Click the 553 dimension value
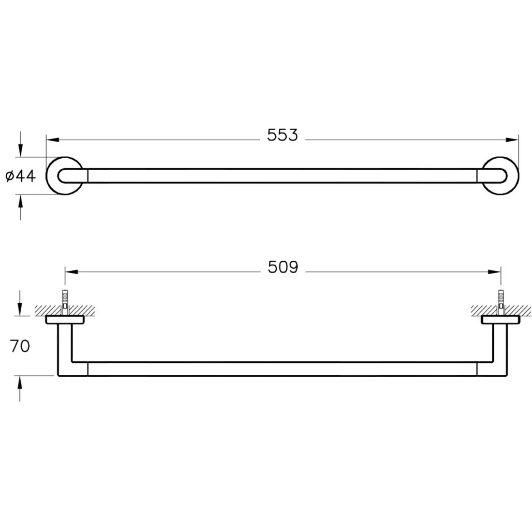coord(282,135)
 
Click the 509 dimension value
coord(283,267)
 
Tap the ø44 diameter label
coord(21,176)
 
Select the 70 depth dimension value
coord(20,346)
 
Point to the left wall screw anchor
coord(65,302)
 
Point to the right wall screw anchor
coord(501,302)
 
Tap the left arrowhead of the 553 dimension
coord(53,140)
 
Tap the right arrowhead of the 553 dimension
coord(512,140)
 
